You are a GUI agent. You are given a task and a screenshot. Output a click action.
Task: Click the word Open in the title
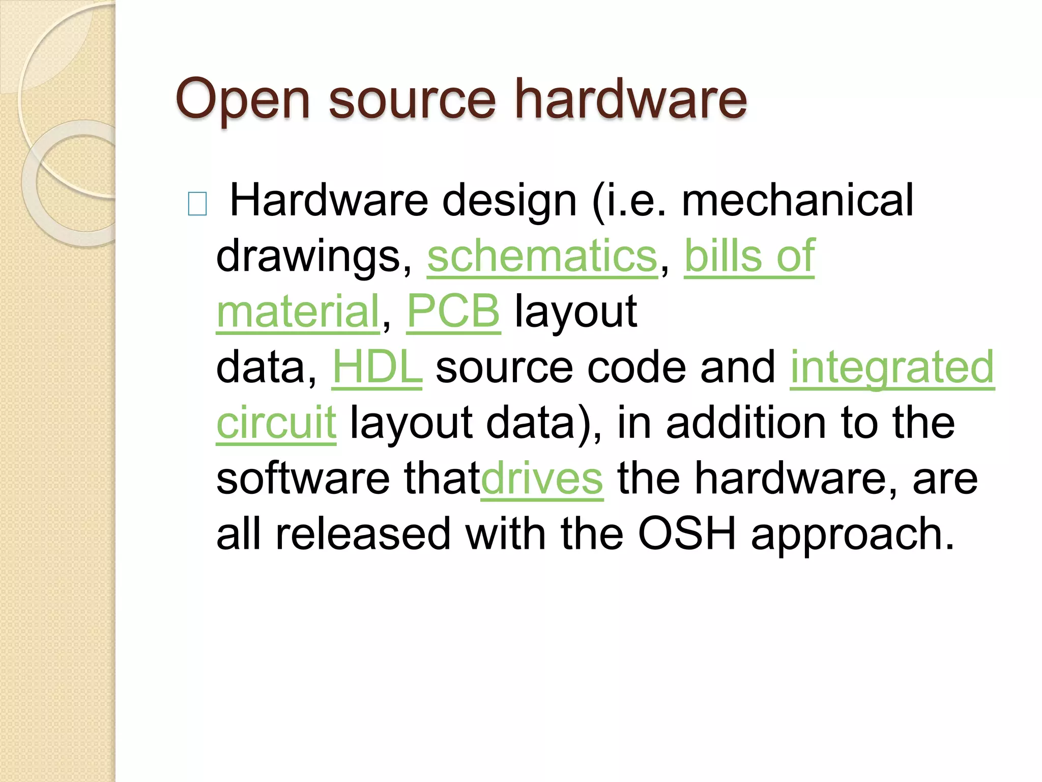242,100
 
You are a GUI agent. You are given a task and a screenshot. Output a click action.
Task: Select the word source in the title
412,100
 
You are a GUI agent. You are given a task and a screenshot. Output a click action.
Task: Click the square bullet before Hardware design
197,204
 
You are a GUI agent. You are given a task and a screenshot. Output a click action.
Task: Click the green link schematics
542,256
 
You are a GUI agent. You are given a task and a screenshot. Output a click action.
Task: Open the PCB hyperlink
453,311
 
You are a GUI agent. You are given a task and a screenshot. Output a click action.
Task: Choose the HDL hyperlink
377,367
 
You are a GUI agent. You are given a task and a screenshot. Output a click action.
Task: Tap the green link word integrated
892,367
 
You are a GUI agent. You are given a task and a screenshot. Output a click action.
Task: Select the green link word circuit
276,423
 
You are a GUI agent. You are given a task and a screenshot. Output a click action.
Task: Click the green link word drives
542,479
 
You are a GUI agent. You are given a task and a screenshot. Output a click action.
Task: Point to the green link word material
298,311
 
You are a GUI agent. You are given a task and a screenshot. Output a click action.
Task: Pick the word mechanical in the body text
797,201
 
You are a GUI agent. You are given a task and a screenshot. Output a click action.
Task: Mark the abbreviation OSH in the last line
687,534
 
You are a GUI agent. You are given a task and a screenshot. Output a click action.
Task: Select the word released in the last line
363,534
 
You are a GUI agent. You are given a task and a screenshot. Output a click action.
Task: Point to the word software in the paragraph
303,479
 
